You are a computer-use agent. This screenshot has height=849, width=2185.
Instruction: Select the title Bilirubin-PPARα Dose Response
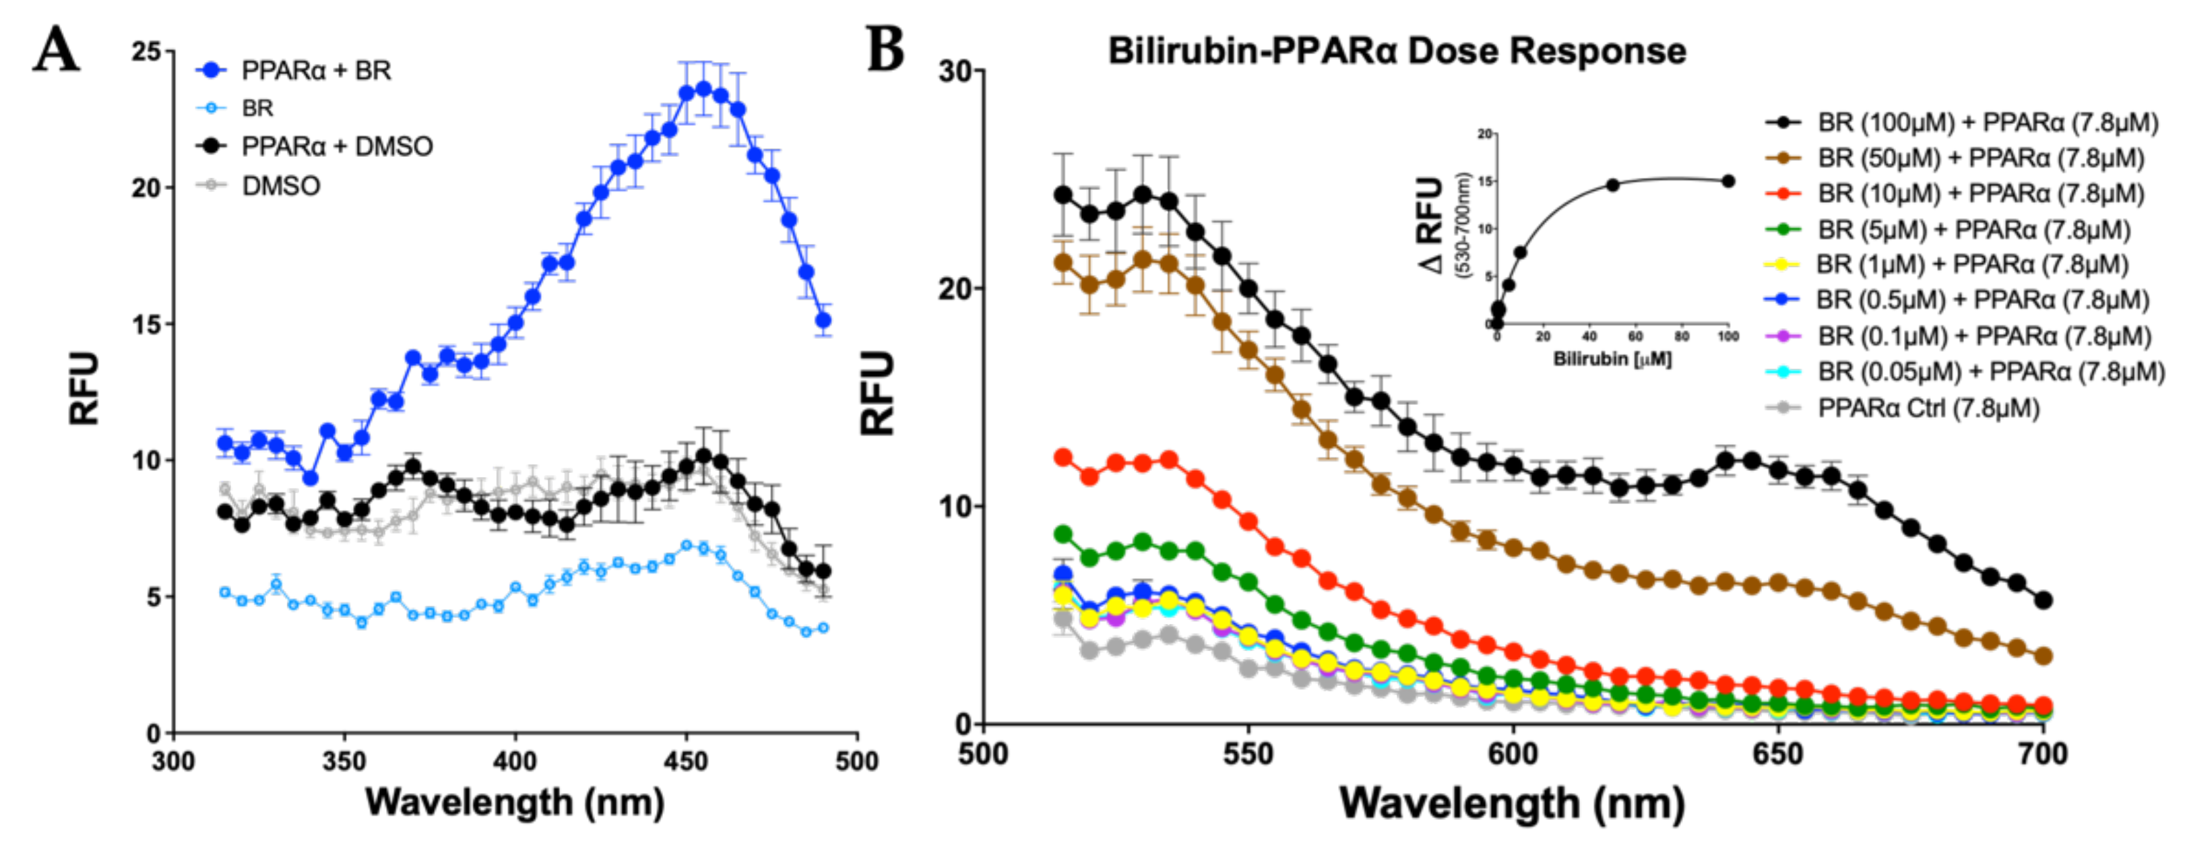click(x=1396, y=51)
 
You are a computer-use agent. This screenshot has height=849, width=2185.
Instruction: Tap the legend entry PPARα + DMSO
click(x=337, y=147)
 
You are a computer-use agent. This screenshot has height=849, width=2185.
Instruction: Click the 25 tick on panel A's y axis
click(x=146, y=52)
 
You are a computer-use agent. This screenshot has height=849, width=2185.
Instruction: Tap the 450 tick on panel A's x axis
click(x=685, y=761)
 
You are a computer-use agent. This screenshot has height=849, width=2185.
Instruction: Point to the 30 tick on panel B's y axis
click(x=955, y=71)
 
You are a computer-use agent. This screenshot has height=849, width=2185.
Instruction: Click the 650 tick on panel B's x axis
click(x=1777, y=753)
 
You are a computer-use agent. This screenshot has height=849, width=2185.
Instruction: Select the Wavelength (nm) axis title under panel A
click(x=514, y=802)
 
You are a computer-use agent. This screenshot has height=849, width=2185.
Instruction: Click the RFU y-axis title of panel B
click(x=879, y=393)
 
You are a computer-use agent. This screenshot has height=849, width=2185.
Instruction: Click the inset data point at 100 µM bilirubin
click(x=1728, y=181)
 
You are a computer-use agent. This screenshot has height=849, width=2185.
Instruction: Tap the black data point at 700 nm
click(x=2044, y=600)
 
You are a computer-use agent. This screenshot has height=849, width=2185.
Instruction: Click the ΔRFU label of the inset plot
click(x=1432, y=225)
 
